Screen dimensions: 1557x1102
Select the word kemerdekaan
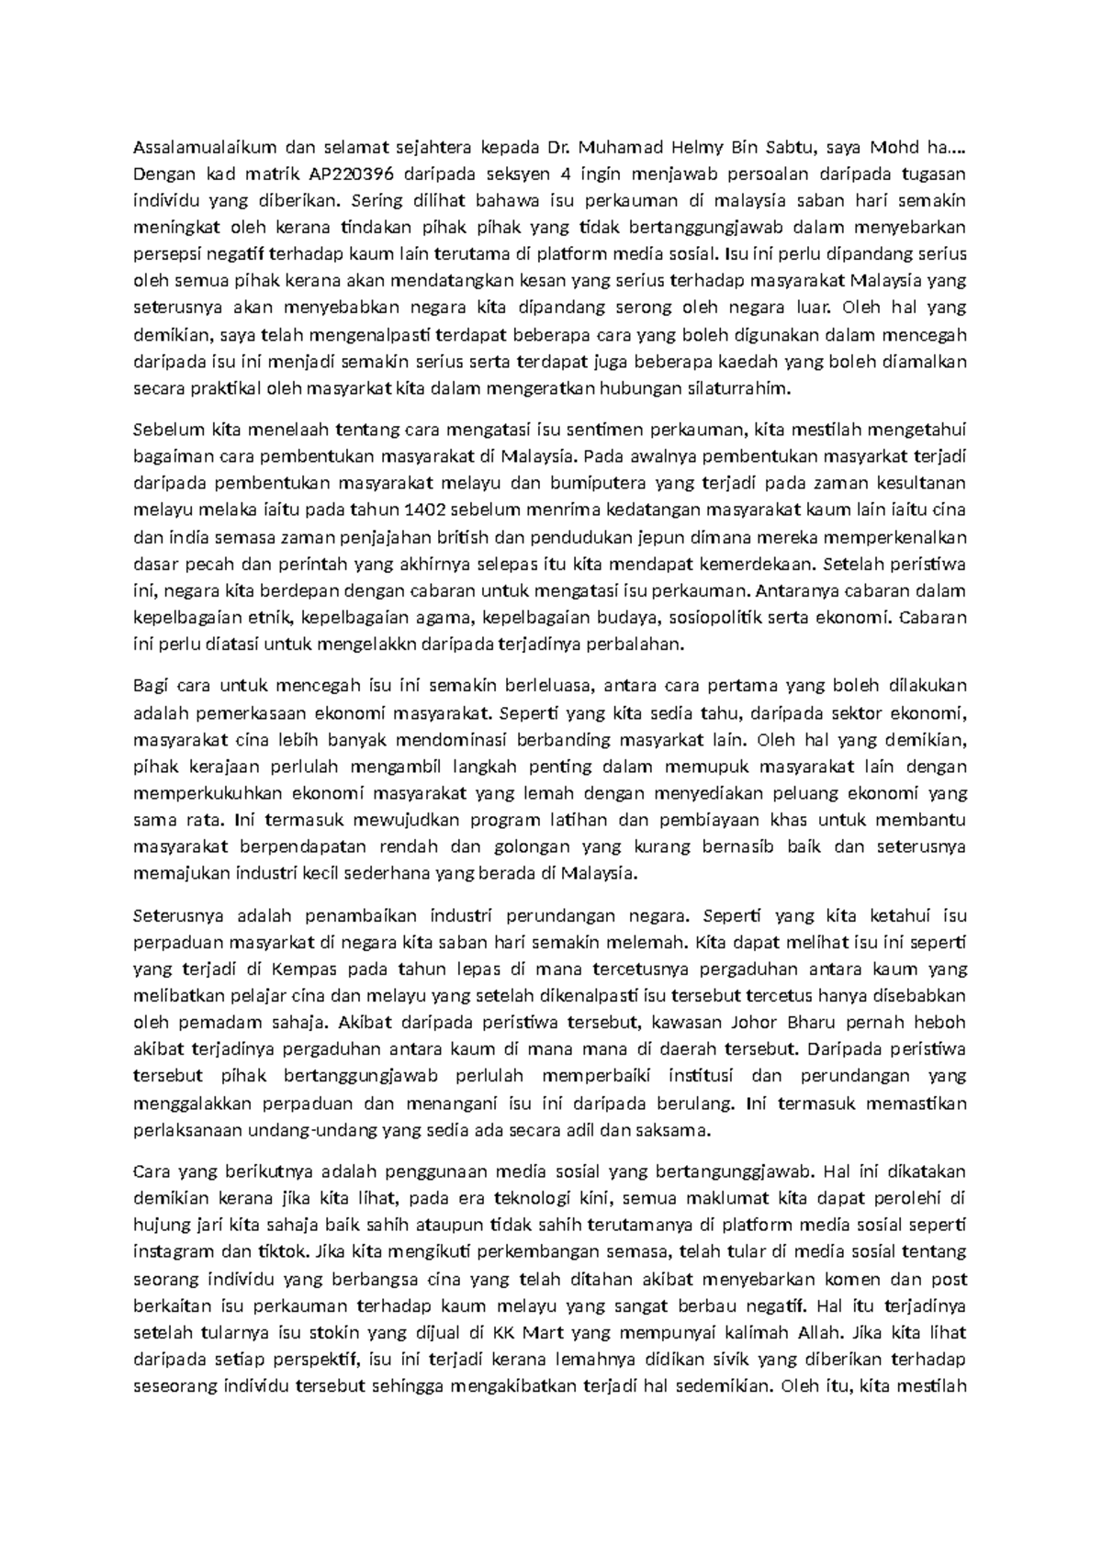pos(759,564)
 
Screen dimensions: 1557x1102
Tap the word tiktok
pos(283,1250)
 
